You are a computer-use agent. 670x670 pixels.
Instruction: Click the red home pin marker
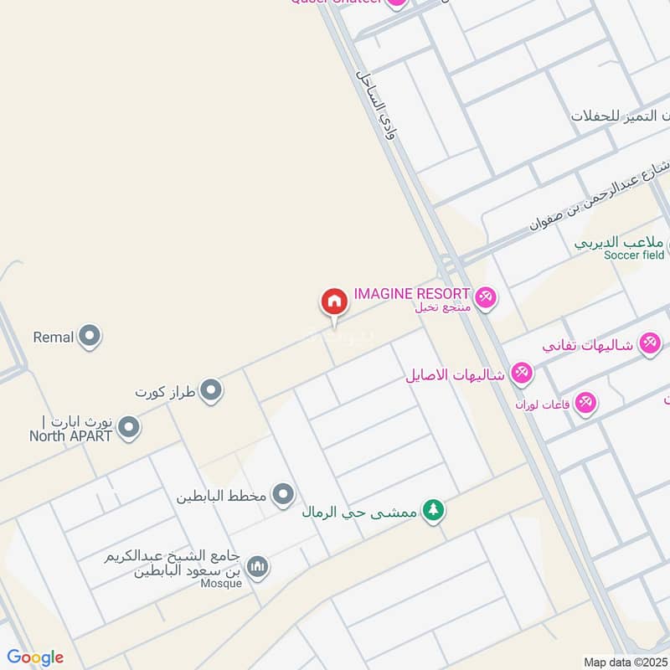click(333, 302)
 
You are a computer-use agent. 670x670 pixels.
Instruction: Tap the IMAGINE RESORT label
click(411, 294)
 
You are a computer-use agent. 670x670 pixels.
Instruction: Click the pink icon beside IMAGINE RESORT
click(486, 297)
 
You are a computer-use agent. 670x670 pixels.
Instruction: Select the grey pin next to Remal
click(90, 338)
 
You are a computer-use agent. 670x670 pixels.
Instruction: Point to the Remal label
click(54, 338)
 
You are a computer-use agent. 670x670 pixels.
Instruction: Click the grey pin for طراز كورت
click(211, 390)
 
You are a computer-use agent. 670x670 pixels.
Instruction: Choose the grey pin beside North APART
click(128, 429)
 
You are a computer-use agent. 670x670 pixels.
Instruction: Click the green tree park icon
click(432, 509)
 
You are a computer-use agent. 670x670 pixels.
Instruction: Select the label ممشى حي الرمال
click(361, 511)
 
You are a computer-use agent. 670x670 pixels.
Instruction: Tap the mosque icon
click(259, 568)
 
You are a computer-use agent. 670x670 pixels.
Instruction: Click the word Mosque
click(221, 584)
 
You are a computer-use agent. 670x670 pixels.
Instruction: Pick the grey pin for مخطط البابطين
click(284, 495)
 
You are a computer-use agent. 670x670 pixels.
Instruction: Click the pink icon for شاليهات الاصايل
click(522, 374)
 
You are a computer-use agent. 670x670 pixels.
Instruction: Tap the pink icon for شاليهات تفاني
click(649, 343)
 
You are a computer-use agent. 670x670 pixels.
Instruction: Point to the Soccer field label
click(634, 255)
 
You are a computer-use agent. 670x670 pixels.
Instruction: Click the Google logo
click(35, 657)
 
